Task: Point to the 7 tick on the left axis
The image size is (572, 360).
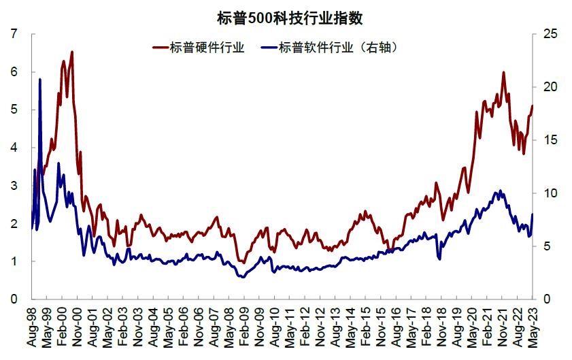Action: coord(14,34)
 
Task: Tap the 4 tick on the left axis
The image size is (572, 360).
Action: coord(14,148)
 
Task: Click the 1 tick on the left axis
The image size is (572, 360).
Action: coord(14,261)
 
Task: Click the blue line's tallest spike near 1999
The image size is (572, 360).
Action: coord(40,79)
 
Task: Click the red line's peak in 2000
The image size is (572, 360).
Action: coord(72,52)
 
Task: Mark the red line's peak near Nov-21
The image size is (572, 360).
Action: coord(503,72)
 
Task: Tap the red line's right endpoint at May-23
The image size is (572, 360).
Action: coord(533,106)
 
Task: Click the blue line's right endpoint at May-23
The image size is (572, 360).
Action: coord(533,214)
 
